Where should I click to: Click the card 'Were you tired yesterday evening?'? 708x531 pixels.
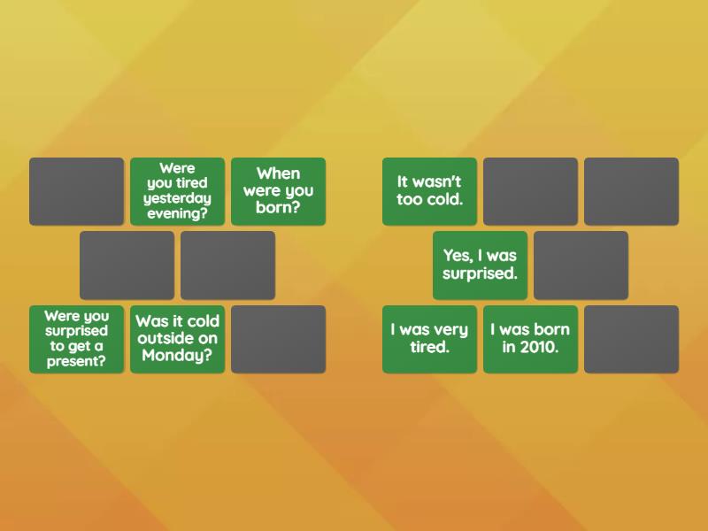177,190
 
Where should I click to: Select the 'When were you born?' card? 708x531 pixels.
278,190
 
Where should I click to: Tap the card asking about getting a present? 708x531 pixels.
76,338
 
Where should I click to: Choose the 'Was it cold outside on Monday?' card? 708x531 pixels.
177,338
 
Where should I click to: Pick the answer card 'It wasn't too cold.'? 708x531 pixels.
429,190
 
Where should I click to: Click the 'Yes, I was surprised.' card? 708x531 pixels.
480,265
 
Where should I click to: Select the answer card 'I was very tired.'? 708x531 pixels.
429,338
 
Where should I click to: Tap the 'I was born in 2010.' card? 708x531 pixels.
530,338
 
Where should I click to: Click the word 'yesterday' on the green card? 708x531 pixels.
177,198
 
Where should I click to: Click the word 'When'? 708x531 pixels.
278,173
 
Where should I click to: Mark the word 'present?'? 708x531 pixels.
76,361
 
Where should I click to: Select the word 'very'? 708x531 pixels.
450,330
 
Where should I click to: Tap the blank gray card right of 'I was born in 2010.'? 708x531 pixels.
631,338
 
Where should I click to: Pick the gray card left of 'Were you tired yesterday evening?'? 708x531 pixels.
76,190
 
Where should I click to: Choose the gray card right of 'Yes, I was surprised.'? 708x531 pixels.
581,265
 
